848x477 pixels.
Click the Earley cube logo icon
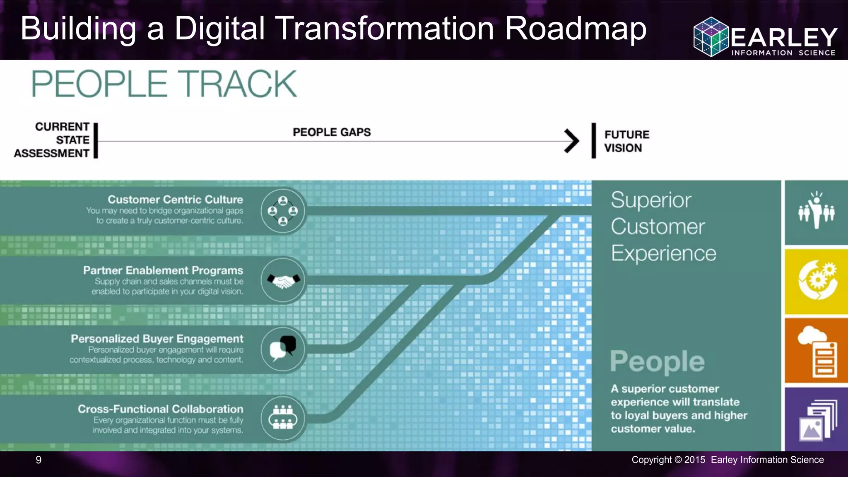tap(711, 36)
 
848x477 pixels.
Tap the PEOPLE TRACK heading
tap(164, 84)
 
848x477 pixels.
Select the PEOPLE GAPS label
tap(332, 132)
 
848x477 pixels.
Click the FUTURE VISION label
tap(626, 141)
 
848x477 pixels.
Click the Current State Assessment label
tap(52, 140)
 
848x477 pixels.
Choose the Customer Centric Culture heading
tap(175, 199)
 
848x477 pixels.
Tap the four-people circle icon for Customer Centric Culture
tap(283, 211)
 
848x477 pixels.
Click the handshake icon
tap(283, 281)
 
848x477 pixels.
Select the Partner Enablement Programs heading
tap(163, 270)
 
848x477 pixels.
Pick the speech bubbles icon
tap(283, 349)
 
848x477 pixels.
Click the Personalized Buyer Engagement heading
tap(157, 338)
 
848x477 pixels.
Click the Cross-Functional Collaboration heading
tap(161, 409)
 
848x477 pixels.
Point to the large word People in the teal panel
tap(657, 361)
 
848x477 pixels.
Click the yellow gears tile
tap(816, 282)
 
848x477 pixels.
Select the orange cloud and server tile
tap(816, 351)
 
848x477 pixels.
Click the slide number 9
tap(39, 460)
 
